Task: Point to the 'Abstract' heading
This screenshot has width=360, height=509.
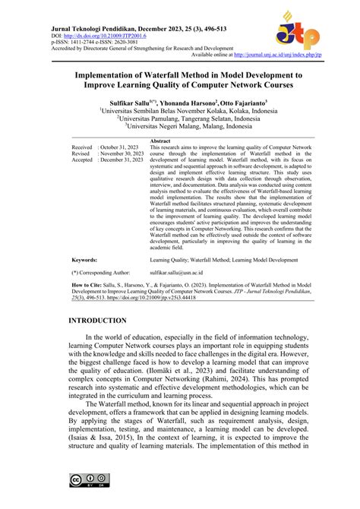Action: (161, 141)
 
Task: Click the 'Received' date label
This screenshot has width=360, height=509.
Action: (82, 147)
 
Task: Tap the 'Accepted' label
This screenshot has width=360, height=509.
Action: (83, 160)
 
